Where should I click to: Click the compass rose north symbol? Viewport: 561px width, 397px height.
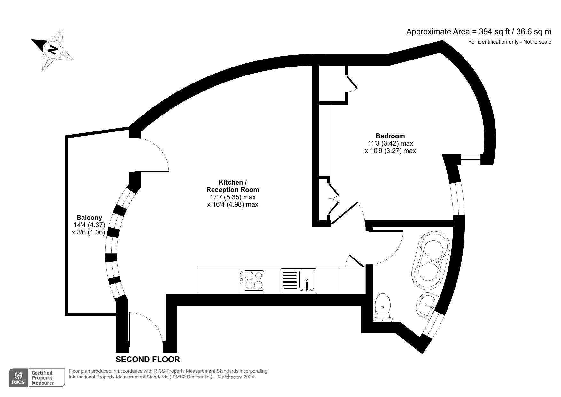coord(52,50)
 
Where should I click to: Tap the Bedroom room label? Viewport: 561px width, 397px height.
coord(390,136)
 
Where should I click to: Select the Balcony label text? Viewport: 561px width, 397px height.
coord(89,218)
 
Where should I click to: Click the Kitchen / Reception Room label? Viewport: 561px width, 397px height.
coord(233,186)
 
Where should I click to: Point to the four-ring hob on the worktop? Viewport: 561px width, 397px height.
coord(252,281)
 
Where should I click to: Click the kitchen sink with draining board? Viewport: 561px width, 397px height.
coord(298,281)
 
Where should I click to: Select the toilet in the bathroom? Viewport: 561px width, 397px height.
coord(383,307)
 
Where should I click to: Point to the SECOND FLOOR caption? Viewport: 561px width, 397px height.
coord(148,359)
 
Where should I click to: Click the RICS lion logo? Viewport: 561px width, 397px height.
coord(18,377)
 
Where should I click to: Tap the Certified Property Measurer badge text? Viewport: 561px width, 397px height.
coord(42,377)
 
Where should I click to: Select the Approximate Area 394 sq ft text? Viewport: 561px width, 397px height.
coord(479,32)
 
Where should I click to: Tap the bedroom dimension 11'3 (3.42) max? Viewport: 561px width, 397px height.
coord(390,143)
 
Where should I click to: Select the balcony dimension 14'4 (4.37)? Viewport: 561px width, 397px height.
coord(89,225)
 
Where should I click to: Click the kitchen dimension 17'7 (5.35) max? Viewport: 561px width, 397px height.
coord(233,197)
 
